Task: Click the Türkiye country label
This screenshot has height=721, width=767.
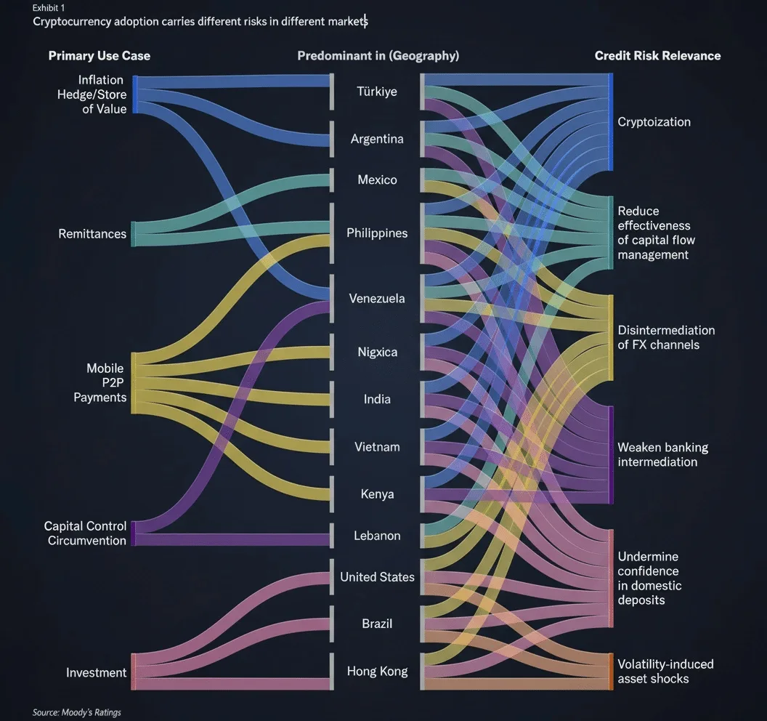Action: pyautogui.click(x=377, y=92)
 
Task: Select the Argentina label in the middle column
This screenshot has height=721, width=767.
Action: pyautogui.click(x=377, y=139)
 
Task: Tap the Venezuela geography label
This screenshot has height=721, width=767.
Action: pyautogui.click(x=377, y=299)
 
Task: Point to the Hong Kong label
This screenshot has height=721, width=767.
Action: pyautogui.click(x=377, y=671)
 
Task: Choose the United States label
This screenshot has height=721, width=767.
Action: pyautogui.click(x=377, y=577)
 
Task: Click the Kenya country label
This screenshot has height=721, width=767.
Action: pyautogui.click(x=377, y=494)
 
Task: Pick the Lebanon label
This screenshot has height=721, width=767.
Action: pyautogui.click(x=377, y=536)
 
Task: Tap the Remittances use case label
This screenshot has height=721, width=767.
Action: pyautogui.click(x=92, y=234)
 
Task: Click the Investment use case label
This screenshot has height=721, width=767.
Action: pyautogui.click(x=97, y=672)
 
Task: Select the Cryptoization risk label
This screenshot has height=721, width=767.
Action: pyautogui.click(x=654, y=122)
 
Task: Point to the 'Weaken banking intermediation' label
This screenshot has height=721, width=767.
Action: pyautogui.click(x=663, y=454)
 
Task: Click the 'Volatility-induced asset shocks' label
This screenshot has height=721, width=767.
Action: pyautogui.click(x=665, y=671)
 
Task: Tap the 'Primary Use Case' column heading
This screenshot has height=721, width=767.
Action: pyautogui.click(x=100, y=56)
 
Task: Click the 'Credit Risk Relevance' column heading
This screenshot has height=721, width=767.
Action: pyautogui.click(x=657, y=56)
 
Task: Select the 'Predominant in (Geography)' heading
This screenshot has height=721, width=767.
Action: pyautogui.click(x=378, y=56)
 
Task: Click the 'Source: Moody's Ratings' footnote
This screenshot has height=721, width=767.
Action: pyautogui.click(x=77, y=712)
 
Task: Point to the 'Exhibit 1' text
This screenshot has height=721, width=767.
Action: pyautogui.click(x=49, y=8)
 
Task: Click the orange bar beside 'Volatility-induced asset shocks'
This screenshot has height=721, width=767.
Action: pyautogui.click(x=610, y=672)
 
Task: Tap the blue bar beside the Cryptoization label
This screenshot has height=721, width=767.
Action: pyautogui.click(x=610, y=122)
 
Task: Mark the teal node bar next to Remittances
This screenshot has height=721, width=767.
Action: pyautogui.click(x=134, y=234)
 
